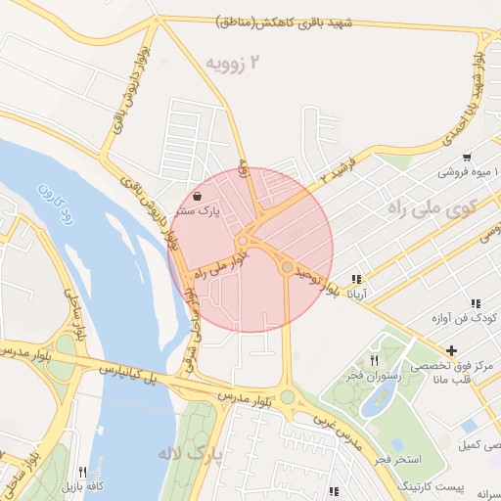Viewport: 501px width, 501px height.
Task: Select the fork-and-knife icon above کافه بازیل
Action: coord(82,472)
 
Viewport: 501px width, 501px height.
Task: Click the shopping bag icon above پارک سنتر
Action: coord(198,196)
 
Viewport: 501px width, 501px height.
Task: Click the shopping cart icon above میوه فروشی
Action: coord(467,158)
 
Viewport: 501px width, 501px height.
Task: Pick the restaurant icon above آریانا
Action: coord(356,279)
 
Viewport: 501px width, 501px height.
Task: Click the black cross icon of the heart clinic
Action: coord(450,350)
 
